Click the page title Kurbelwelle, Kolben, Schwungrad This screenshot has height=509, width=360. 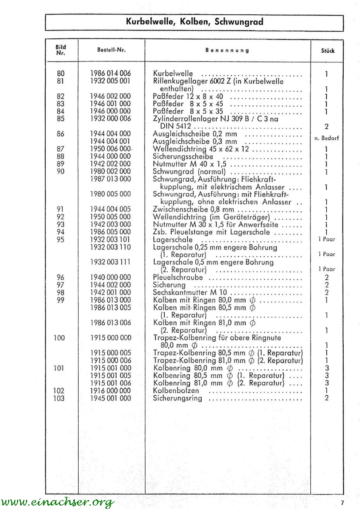point(195,22)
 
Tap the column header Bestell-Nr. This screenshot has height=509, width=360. point(111,50)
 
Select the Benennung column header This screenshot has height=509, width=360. point(227,50)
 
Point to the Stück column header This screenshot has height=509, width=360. point(327,51)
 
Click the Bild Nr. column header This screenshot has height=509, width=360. point(61,50)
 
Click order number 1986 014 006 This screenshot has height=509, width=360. point(110,74)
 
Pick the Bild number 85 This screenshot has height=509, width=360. point(61,119)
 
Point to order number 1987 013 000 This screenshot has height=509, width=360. point(110,179)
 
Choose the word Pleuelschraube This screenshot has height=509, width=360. point(178,278)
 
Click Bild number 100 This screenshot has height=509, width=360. point(59,338)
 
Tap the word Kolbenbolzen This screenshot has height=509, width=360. point(176,391)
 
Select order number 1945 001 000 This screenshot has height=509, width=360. point(110,398)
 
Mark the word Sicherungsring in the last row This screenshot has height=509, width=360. point(177,398)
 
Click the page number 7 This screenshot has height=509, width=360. point(342,502)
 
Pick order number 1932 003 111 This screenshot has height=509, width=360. point(110,262)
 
